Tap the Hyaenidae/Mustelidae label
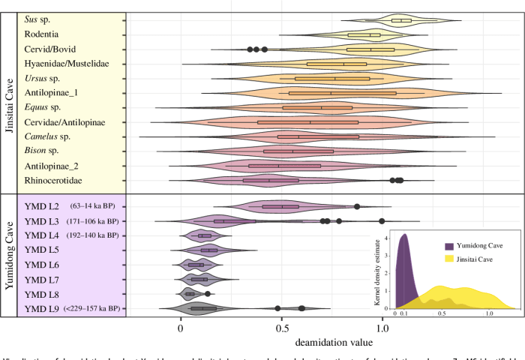tap(67, 64)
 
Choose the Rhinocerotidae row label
tap(55, 180)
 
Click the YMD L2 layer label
tap(42, 206)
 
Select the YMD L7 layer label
tap(42, 279)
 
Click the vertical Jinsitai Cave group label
tap(10, 98)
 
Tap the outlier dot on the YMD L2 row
tap(357, 206)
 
